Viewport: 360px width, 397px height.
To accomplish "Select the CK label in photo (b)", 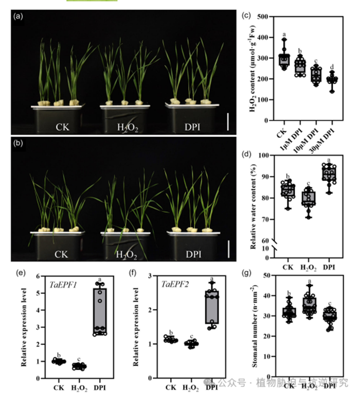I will coord(61,254).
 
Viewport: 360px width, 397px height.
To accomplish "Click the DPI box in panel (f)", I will coord(211,307).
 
